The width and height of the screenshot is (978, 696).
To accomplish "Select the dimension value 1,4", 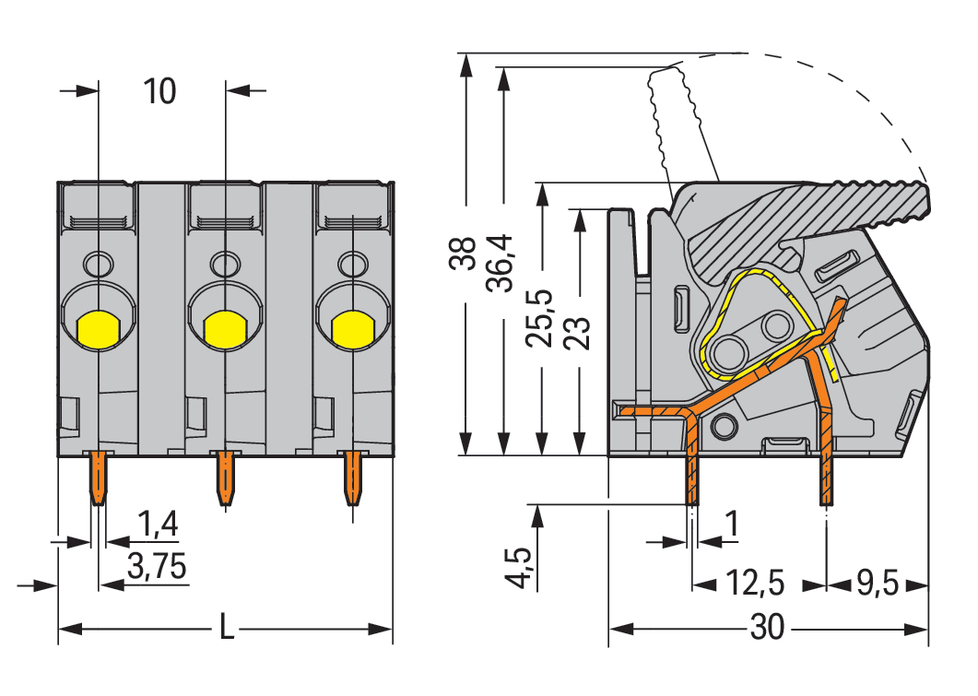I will (158, 525).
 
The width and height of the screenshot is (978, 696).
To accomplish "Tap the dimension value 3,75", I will (157, 569).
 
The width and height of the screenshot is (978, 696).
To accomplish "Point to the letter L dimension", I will (226, 631).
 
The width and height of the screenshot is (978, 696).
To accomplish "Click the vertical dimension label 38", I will (463, 254).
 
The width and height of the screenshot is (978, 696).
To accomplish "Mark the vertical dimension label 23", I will (577, 327).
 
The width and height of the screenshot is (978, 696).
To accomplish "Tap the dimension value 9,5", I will (877, 584).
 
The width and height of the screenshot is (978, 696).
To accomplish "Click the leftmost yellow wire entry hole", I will (97, 327).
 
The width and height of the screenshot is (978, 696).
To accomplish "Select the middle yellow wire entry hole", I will (223, 327).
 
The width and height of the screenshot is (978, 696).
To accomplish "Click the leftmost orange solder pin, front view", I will (96, 478).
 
